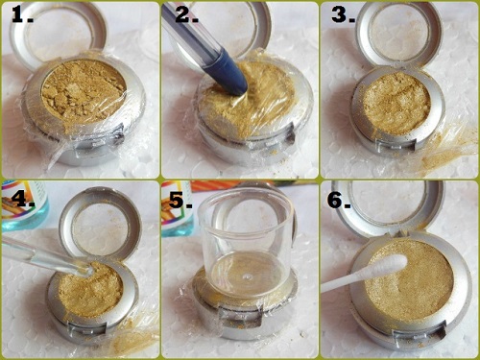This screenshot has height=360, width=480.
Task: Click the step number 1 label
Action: click(22, 15)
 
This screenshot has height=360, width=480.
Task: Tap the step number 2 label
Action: click(187, 14)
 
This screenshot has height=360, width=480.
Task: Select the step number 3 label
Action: click(343, 14)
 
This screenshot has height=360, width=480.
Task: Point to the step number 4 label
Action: click(23, 199)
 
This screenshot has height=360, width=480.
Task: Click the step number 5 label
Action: click(180, 201)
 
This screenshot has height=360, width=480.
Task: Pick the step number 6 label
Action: click(339, 201)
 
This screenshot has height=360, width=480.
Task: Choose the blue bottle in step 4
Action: click(25, 205)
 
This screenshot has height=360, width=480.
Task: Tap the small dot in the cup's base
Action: click(246, 276)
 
